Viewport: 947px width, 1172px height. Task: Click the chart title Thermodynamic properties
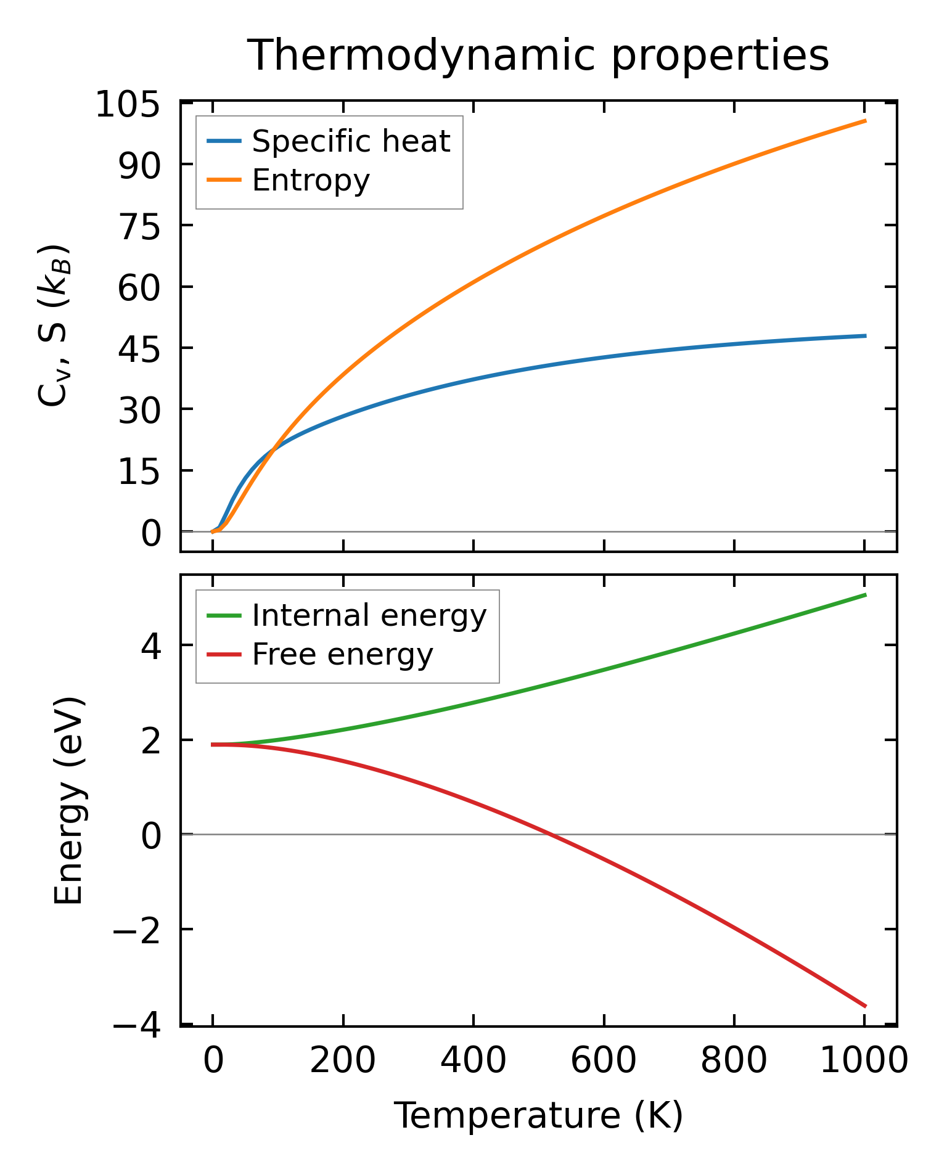coord(538,55)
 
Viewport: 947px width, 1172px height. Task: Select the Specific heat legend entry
coord(351,141)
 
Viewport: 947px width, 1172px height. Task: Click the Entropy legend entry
coord(310,180)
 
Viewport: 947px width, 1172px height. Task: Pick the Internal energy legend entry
coord(369,615)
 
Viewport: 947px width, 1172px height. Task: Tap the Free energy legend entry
coord(342,654)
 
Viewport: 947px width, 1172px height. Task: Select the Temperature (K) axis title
coord(538,1115)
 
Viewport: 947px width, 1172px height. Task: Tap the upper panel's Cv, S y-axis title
coord(54,326)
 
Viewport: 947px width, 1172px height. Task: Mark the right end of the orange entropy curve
coord(866,121)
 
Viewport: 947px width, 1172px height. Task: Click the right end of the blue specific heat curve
coord(866,336)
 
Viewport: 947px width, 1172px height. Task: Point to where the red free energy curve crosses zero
coord(550,834)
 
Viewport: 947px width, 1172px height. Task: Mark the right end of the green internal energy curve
coord(866,594)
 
